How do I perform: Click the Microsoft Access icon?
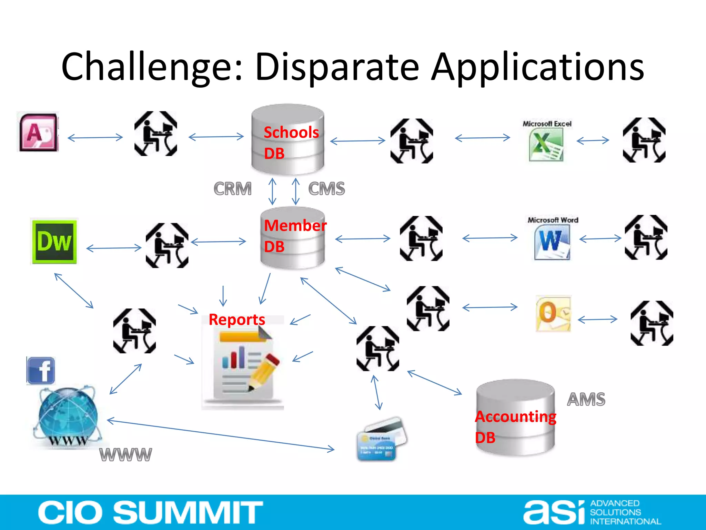click(38, 132)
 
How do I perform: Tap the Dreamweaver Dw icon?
click(54, 241)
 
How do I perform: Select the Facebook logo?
click(41, 371)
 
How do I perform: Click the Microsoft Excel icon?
click(546, 145)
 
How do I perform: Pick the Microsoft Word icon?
click(552, 242)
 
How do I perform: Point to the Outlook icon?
click(553, 313)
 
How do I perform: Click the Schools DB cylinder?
click(288, 140)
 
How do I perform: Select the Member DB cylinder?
click(292, 238)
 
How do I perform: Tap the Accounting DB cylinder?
click(515, 418)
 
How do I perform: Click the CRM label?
click(233, 189)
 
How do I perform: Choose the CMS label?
click(326, 189)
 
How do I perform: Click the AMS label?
click(586, 399)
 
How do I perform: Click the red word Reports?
click(237, 320)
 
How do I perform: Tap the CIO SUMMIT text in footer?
click(150, 512)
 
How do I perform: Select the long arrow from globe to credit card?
click(221, 435)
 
